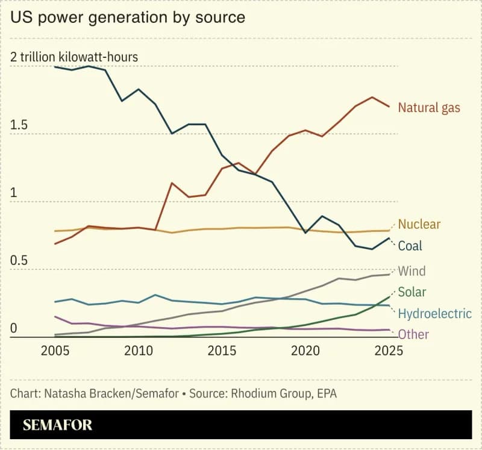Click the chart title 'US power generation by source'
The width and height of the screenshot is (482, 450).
coord(128,17)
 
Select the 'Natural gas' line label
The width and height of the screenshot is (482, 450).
coord(429,108)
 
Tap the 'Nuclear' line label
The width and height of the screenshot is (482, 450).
coord(419,224)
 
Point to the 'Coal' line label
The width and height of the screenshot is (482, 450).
coord(410,246)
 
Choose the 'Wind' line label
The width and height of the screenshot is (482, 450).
coord(412,271)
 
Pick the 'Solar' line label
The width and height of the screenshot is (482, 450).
coord(412,292)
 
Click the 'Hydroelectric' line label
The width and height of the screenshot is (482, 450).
coord(435,313)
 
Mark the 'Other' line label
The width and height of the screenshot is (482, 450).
coord(413,334)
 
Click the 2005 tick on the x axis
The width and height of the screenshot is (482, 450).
coord(55,352)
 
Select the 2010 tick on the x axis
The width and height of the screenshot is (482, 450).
coord(139,352)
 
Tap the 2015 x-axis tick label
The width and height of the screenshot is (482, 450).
coord(222,352)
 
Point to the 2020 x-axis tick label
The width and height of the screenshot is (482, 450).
coord(305,352)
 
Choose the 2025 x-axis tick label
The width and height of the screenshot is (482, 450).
coord(389,352)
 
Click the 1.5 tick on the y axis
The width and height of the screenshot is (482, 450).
coord(19,125)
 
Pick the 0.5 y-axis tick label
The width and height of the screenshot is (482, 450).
coord(19,261)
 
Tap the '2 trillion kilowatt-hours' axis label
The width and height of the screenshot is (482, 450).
coord(74,57)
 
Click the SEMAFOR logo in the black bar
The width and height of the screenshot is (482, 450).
coord(58,425)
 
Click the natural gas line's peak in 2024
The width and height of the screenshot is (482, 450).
coord(372,97)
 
